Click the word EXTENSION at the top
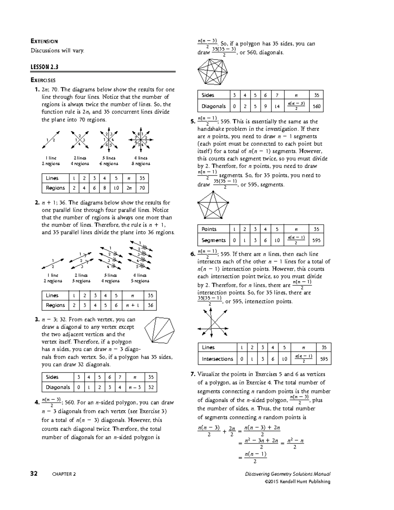click(44, 41)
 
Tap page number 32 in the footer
click(34, 474)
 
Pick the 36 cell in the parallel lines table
click(150, 305)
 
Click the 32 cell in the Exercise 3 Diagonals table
click(151, 387)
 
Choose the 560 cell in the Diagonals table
click(317, 106)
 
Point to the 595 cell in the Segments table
click(316, 240)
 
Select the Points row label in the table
click(209, 229)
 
